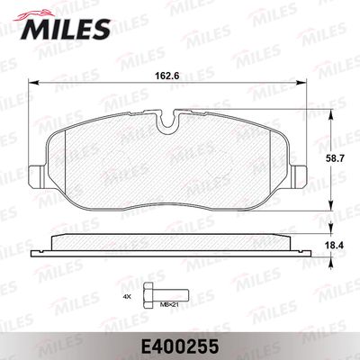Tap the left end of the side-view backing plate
pos(47,247)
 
